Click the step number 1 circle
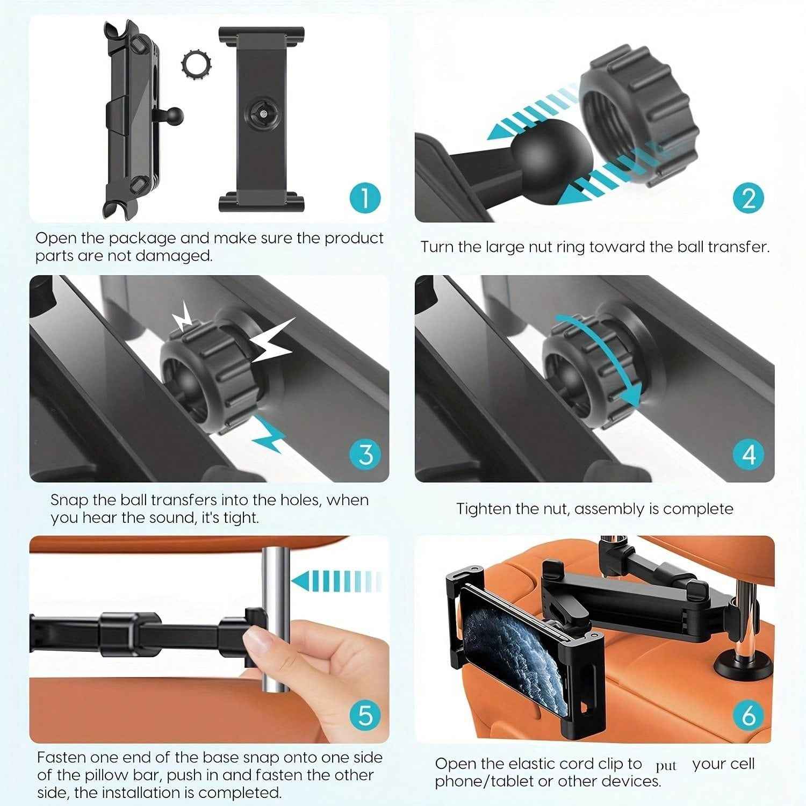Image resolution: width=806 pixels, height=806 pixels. pos(365,197)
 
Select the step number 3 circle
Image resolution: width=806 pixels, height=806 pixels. pos(365,454)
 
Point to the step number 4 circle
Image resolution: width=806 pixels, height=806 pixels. pos(749,454)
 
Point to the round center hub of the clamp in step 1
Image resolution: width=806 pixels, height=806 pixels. pos(262,113)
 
